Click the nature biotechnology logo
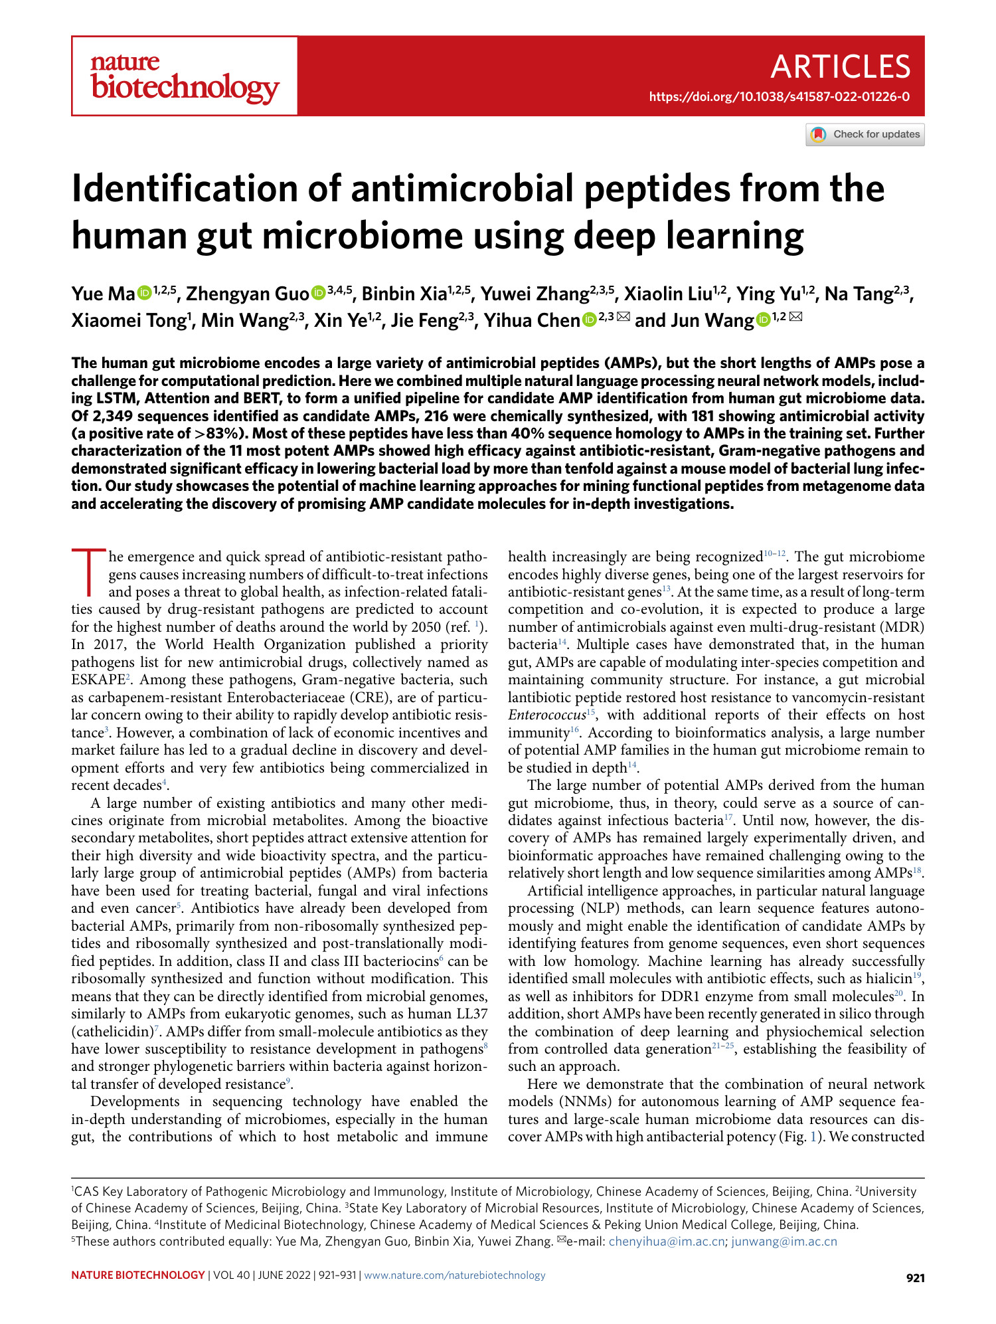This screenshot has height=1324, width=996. click(185, 77)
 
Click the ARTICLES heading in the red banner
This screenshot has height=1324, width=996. click(840, 67)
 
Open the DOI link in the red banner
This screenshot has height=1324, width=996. click(779, 97)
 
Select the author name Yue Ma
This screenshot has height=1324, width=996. click(103, 294)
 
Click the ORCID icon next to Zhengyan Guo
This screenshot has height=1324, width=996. click(319, 293)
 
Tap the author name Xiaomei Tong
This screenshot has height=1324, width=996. click(128, 321)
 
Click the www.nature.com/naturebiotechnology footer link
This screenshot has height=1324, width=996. click(455, 1276)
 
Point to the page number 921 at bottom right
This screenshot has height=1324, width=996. click(915, 1277)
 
